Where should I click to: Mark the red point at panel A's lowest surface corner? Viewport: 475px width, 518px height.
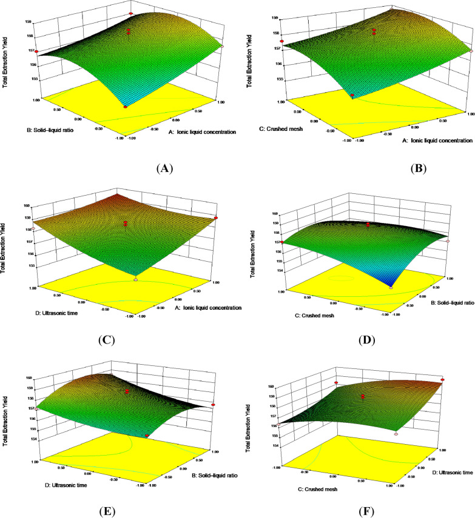[126, 107]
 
